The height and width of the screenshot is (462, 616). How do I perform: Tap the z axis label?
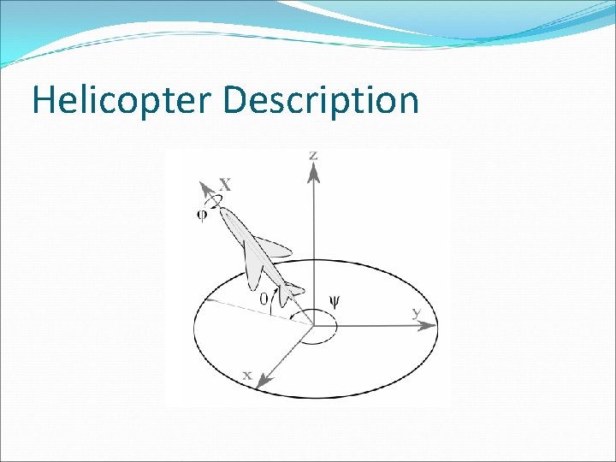click(314, 155)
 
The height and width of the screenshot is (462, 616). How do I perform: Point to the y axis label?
click(417, 312)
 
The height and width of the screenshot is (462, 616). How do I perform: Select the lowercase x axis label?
click(246, 375)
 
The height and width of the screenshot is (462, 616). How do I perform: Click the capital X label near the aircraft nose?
click(225, 184)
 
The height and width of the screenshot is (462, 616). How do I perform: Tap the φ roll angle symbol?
click(202, 215)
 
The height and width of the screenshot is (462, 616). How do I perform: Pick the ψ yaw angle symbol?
click(335, 302)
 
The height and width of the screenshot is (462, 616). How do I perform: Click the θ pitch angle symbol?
click(264, 298)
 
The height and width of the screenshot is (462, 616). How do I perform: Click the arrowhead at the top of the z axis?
click(314, 172)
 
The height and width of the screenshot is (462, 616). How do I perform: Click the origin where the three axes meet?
click(313, 324)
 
